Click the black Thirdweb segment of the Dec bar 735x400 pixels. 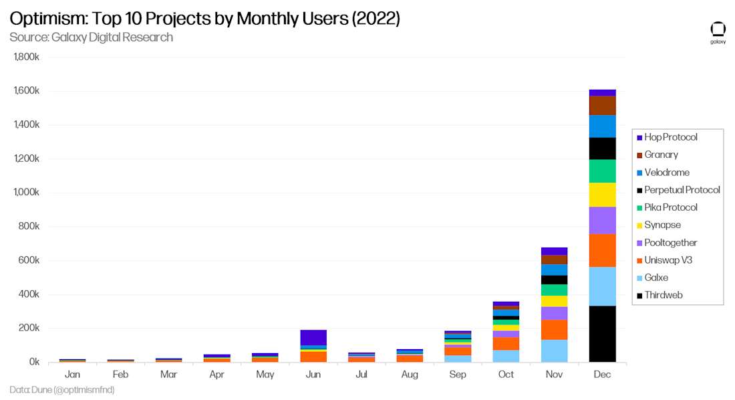pos(602,333)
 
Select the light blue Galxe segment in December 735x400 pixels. pos(602,286)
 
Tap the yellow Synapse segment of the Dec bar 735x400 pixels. pos(602,194)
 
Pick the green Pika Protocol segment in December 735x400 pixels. pos(602,171)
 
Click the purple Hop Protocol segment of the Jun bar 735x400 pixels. pos(313,337)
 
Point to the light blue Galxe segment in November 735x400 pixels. pos(554,351)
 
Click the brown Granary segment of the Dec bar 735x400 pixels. pos(602,105)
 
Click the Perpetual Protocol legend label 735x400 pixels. pos(682,190)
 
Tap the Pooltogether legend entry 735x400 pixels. pos(670,243)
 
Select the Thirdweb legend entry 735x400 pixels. pos(663,295)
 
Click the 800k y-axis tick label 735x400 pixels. pos(29,227)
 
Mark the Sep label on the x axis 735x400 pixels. pos(458,375)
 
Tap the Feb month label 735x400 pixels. pos(121,375)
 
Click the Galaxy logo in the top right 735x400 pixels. pos(718,32)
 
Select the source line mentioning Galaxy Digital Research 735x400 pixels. pos(91,37)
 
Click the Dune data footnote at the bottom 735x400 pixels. pos(57,389)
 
